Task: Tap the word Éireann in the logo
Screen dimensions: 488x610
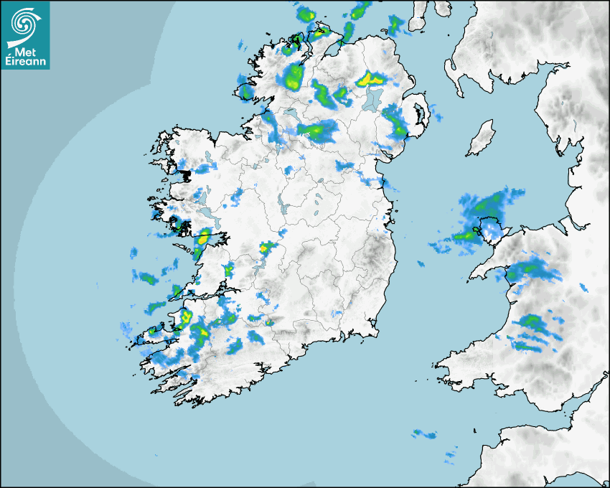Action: click(x=27, y=61)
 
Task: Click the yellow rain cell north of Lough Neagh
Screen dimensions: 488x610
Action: click(x=370, y=78)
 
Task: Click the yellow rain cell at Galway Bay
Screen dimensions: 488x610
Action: click(x=203, y=235)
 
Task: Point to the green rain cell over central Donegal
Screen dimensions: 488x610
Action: click(x=294, y=75)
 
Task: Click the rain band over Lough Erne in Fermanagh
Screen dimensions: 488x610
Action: click(x=316, y=130)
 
